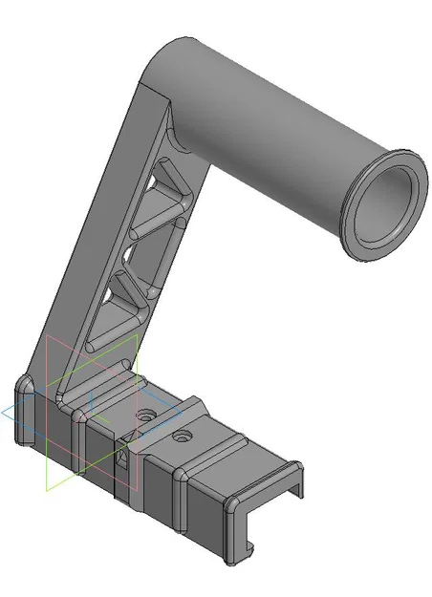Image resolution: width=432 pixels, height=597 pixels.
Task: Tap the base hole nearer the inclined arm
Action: pyautogui.click(x=145, y=416)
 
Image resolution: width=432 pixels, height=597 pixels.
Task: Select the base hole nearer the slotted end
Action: pyautogui.click(x=182, y=437)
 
